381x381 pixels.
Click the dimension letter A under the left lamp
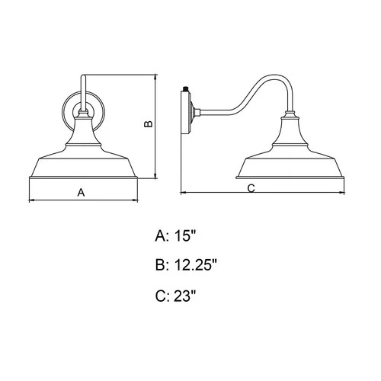click(x=82, y=193)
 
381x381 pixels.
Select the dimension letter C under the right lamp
click(x=251, y=187)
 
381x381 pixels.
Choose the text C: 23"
click(x=177, y=296)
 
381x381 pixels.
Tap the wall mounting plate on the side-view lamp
click(x=187, y=110)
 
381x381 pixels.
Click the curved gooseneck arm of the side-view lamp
click(x=251, y=88)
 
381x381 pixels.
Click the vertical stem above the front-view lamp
click(x=83, y=91)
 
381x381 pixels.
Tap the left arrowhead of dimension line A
click(x=31, y=201)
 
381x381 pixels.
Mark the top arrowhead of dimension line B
click(x=156, y=77)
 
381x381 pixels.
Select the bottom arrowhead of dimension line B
click(x=156, y=176)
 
